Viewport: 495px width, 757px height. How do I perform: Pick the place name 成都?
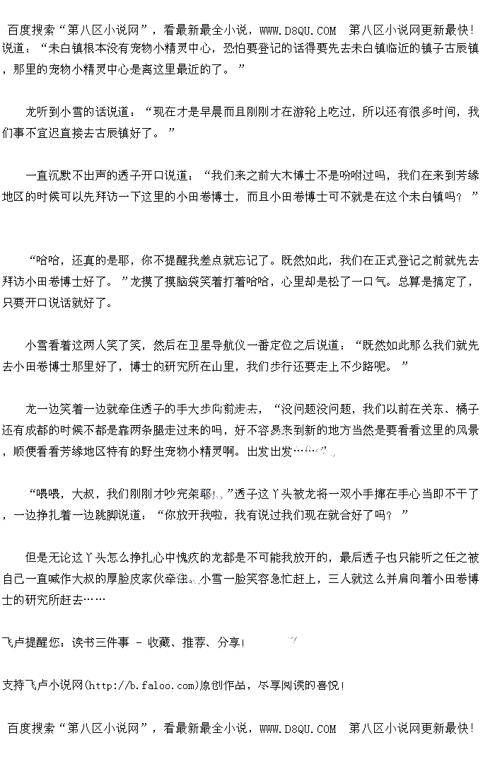49,430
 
